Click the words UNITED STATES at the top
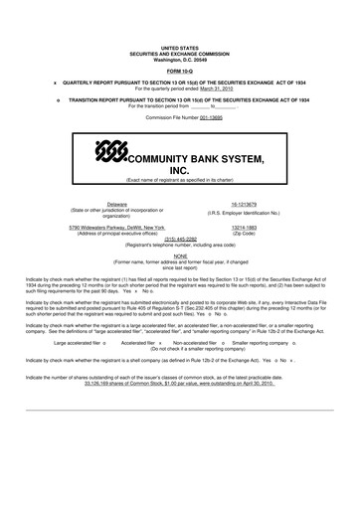tap(180, 48)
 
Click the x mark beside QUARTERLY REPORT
tap(56, 82)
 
